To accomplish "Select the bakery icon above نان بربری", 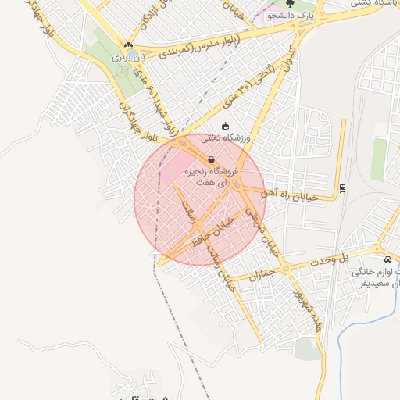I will pos(127,45).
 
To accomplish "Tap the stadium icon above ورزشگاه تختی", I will pos(226,126).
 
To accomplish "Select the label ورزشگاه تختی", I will pos(225,138).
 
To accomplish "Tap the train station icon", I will pos(342,187).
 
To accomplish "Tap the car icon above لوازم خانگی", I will pos(387,259).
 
